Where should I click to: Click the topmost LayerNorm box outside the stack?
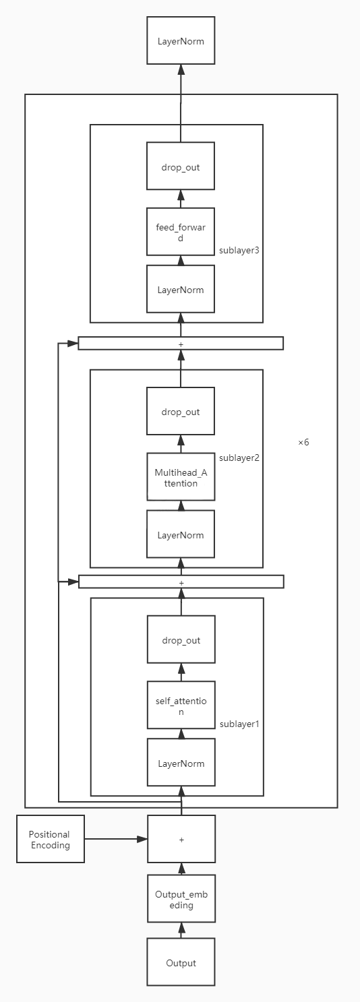point(181,41)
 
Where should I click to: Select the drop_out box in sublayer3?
point(181,166)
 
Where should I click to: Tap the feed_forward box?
point(181,232)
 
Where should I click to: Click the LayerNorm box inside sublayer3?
point(181,290)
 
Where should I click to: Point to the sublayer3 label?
point(239,250)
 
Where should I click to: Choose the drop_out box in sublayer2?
point(181,412)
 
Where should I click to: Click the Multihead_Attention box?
point(181,477)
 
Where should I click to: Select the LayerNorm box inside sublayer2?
point(181,535)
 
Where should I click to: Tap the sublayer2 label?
point(239,458)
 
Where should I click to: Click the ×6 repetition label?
point(303,443)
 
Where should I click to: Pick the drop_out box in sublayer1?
point(181,640)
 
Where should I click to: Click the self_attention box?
point(181,706)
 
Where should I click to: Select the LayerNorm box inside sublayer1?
point(181,763)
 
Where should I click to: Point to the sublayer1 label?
point(239,724)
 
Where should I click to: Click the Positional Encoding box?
point(51,839)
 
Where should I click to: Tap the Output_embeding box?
point(181,900)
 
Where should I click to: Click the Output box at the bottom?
point(181,963)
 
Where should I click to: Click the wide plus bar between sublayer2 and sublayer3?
point(181,344)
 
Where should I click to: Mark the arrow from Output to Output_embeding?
point(181,931)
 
